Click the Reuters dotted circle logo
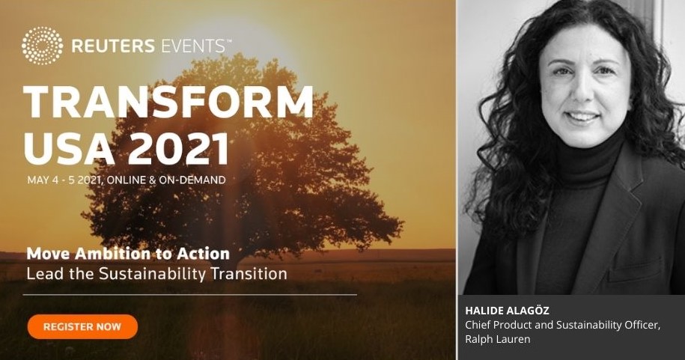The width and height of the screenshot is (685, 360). click(x=42, y=46)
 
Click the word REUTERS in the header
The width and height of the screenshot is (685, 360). click(x=113, y=46)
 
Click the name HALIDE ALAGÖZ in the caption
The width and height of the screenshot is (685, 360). click(x=507, y=311)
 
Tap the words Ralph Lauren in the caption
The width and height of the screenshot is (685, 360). click(x=498, y=339)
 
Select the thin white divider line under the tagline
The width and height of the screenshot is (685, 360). click(x=189, y=295)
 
